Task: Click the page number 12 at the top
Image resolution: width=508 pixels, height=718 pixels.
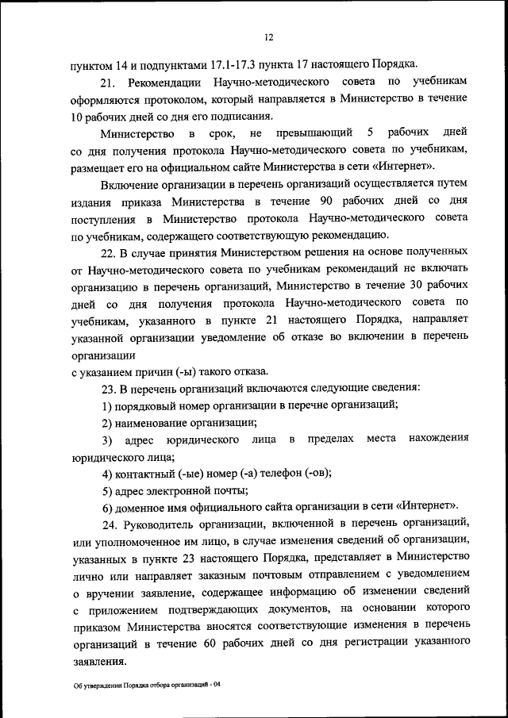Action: click(x=269, y=37)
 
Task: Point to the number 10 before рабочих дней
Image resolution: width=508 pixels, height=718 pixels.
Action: click(x=77, y=116)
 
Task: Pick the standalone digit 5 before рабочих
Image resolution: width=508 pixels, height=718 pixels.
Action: click(x=371, y=132)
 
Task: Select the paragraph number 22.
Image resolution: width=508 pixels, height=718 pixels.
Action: click(x=108, y=253)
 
